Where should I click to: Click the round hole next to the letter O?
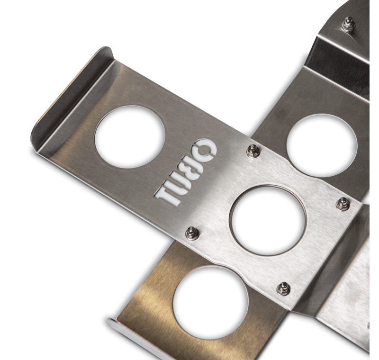pyautogui.click(x=130, y=137)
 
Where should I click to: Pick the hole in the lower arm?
pyautogui.click(x=210, y=302)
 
